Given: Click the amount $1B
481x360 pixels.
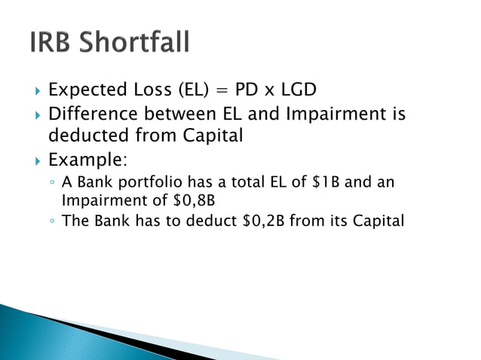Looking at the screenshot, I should pos(326,183).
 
